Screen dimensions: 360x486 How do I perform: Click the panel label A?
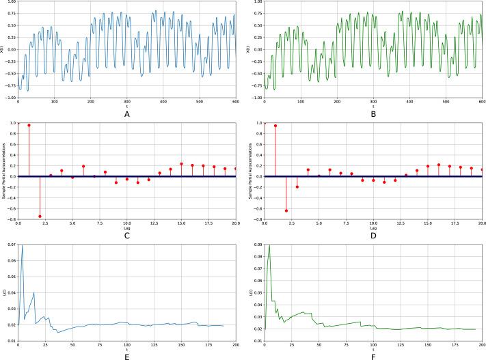click(x=126, y=115)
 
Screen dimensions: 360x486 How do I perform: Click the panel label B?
click(x=373, y=115)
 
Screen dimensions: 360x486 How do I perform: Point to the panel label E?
click(x=126, y=355)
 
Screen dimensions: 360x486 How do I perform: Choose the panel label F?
click(x=373, y=355)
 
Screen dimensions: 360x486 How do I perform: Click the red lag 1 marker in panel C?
click(x=29, y=125)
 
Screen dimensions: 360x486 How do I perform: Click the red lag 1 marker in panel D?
click(x=275, y=125)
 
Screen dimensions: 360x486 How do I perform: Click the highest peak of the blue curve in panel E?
click(x=22, y=245)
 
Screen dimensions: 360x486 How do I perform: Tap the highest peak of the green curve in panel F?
click(x=269, y=245)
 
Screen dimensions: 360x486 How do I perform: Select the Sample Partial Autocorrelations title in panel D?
click(x=249, y=171)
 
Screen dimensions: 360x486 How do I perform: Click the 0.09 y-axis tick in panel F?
click(x=257, y=244)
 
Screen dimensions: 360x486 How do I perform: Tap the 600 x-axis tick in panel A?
click(x=235, y=101)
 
